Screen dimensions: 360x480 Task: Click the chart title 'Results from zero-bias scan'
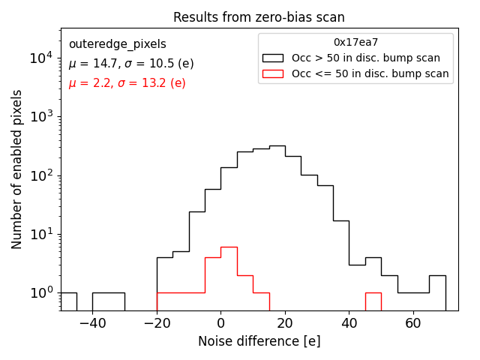[259, 17]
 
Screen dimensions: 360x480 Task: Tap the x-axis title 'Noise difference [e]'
[259, 341]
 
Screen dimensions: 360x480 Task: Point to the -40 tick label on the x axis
[92, 323]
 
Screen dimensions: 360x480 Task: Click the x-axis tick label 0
[220, 323]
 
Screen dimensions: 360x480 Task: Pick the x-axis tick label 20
[284, 323]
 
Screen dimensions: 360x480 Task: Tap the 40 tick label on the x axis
[349, 323]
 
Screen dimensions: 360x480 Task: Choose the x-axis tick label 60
[413, 323]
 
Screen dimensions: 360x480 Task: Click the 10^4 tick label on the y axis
[40, 58]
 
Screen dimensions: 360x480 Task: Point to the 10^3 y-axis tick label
[40, 117]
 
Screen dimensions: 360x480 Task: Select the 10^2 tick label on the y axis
[40, 175]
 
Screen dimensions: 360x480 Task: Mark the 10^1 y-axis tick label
[40, 234]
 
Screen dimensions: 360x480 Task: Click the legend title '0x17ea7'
[355, 43]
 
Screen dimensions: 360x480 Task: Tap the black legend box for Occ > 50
[272, 58]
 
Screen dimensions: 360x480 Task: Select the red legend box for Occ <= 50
[272, 73]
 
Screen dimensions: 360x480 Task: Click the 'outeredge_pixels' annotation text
[117, 44]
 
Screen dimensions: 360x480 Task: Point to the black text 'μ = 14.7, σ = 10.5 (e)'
[131, 64]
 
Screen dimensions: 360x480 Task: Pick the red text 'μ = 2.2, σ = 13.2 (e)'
[127, 83]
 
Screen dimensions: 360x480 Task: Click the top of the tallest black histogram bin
[277, 145]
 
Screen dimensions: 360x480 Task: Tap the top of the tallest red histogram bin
[229, 247]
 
